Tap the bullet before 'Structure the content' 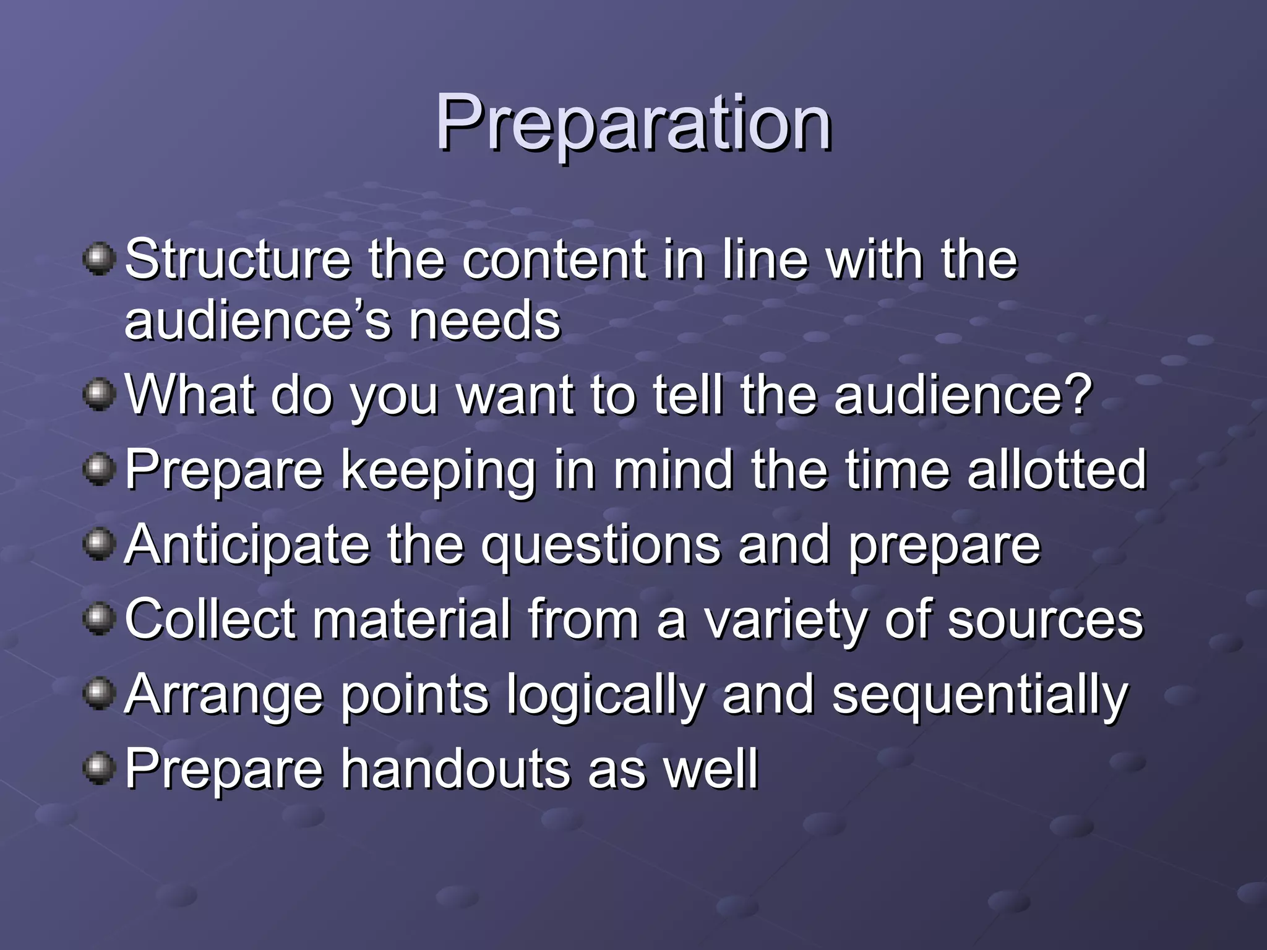click(x=99, y=259)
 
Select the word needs click(x=484, y=321)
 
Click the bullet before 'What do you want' click(x=99, y=394)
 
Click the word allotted click(x=1057, y=469)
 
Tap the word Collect click(x=210, y=619)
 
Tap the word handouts click(x=456, y=769)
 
